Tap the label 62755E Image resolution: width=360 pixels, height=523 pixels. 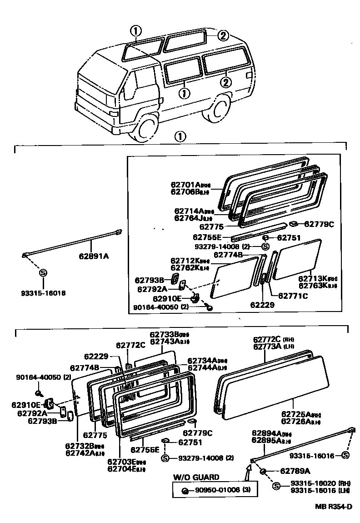tap(207, 237)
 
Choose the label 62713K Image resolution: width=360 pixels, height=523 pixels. tap(314, 278)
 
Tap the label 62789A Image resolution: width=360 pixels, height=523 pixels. tap(295, 471)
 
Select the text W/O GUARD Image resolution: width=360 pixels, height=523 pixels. tap(196, 477)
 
